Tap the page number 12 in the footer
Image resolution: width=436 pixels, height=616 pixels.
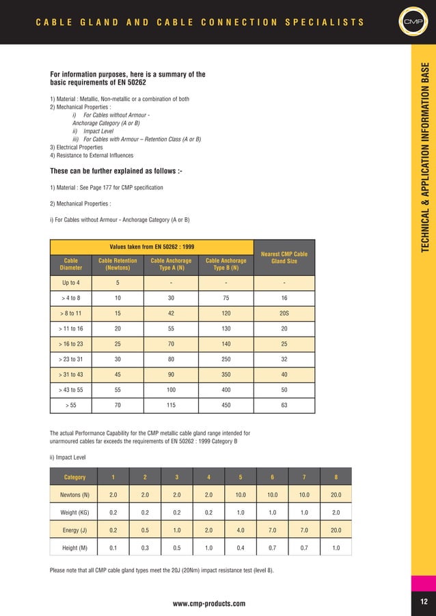pyautogui.click(x=423, y=602)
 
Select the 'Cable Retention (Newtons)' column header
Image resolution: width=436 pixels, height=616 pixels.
pyautogui.click(x=118, y=264)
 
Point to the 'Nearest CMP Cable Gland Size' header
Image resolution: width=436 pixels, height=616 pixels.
pyautogui.click(x=284, y=257)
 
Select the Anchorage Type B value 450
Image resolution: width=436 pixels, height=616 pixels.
pyautogui.click(x=226, y=406)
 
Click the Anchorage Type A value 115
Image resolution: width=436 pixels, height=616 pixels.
pyautogui.click(x=170, y=406)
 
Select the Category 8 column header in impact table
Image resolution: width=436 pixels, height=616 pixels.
pyautogui.click(x=334, y=477)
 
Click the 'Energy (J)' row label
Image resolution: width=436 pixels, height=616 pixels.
pyautogui.click(x=70, y=530)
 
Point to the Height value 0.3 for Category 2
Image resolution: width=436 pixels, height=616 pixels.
pyautogui.click(x=144, y=548)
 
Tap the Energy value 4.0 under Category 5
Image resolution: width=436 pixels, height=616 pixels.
pyautogui.click(x=240, y=530)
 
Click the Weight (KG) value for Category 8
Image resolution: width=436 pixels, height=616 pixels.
pyautogui.click(x=334, y=512)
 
